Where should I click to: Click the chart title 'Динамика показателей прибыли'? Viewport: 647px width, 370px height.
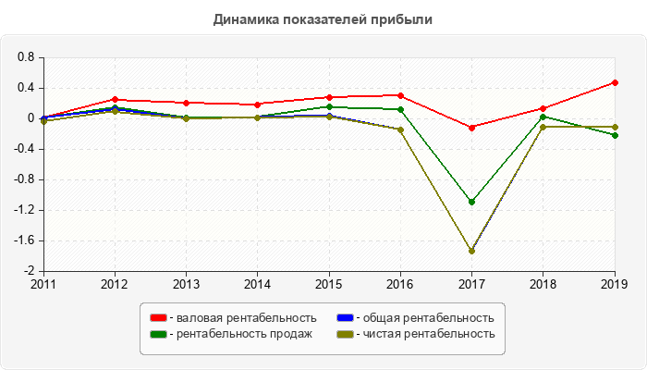click(x=323, y=18)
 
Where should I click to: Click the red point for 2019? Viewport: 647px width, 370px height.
click(x=615, y=82)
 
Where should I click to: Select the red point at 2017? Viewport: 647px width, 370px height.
click(x=471, y=127)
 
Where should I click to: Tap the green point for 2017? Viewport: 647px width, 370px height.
click(x=471, y=202)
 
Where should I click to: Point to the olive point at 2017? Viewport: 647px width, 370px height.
click(x=471, y=251)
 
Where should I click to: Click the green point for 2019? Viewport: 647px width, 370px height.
click(x=615, y=135)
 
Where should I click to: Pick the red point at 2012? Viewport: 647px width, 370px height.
click(x=115, y=99)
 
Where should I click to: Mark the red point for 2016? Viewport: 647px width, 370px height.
click(x=400, y=95)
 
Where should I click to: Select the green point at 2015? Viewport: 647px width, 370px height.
click(x=329, y=106)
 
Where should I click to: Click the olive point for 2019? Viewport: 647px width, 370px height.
click(x=615, y=127)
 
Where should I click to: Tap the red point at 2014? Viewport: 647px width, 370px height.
click(x=257, y=104)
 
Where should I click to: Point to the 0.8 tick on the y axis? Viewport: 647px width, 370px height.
click(x=26, y=57)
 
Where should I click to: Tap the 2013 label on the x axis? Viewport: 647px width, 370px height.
click(x=186, y=284)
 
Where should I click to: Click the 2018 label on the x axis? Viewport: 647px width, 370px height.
click(x=543, y=284)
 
